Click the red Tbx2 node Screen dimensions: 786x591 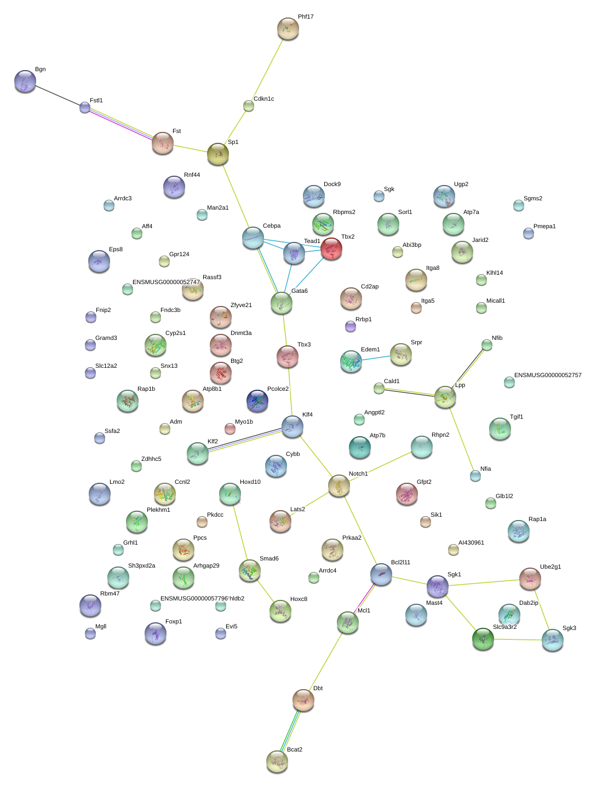coord(331,248)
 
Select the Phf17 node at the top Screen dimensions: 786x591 coord(288,28)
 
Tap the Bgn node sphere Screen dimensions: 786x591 coord(25,81)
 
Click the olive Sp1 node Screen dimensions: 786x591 coord(217,154)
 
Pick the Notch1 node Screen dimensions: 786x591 coord(339,486)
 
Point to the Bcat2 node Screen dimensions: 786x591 coord(277,761)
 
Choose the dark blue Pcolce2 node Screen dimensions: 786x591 coord(257,401)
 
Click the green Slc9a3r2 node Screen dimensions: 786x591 coord(483,638)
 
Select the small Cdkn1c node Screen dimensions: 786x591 coord(249,106)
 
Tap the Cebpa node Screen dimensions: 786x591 coord(253,238)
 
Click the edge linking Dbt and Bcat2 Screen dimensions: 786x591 coord(290,730)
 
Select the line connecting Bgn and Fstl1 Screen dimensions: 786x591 coord(55,94)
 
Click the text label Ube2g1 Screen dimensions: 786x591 coord(550,567)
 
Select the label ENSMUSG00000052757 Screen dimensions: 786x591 coord(548,375)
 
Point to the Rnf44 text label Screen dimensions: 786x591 coord(192,175)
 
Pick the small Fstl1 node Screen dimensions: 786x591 coord(85,107)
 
